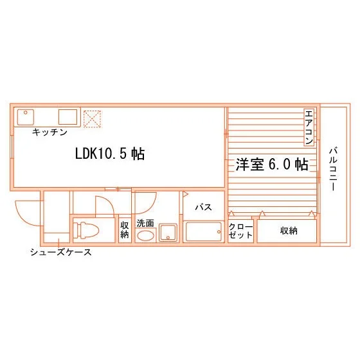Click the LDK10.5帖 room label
coord(110,154)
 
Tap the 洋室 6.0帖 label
coord(272,165)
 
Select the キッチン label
coord(50,132)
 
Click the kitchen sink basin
coord(26,117)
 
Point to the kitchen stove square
coord(67,117)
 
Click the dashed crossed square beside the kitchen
coord(93,119)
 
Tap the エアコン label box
coord(309,127)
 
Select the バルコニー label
coord(333,170)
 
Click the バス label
coord(203,207)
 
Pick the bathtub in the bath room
coord(204,231)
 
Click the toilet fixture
coord(88,230)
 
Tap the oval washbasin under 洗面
coord(145,236)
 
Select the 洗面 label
coord(145,223)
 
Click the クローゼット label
coord(240,231)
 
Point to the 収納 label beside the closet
coord(289,231)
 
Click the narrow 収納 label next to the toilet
coord(125,230)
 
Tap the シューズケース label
coord(61,252)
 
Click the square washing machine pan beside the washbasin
coord(168,233)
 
